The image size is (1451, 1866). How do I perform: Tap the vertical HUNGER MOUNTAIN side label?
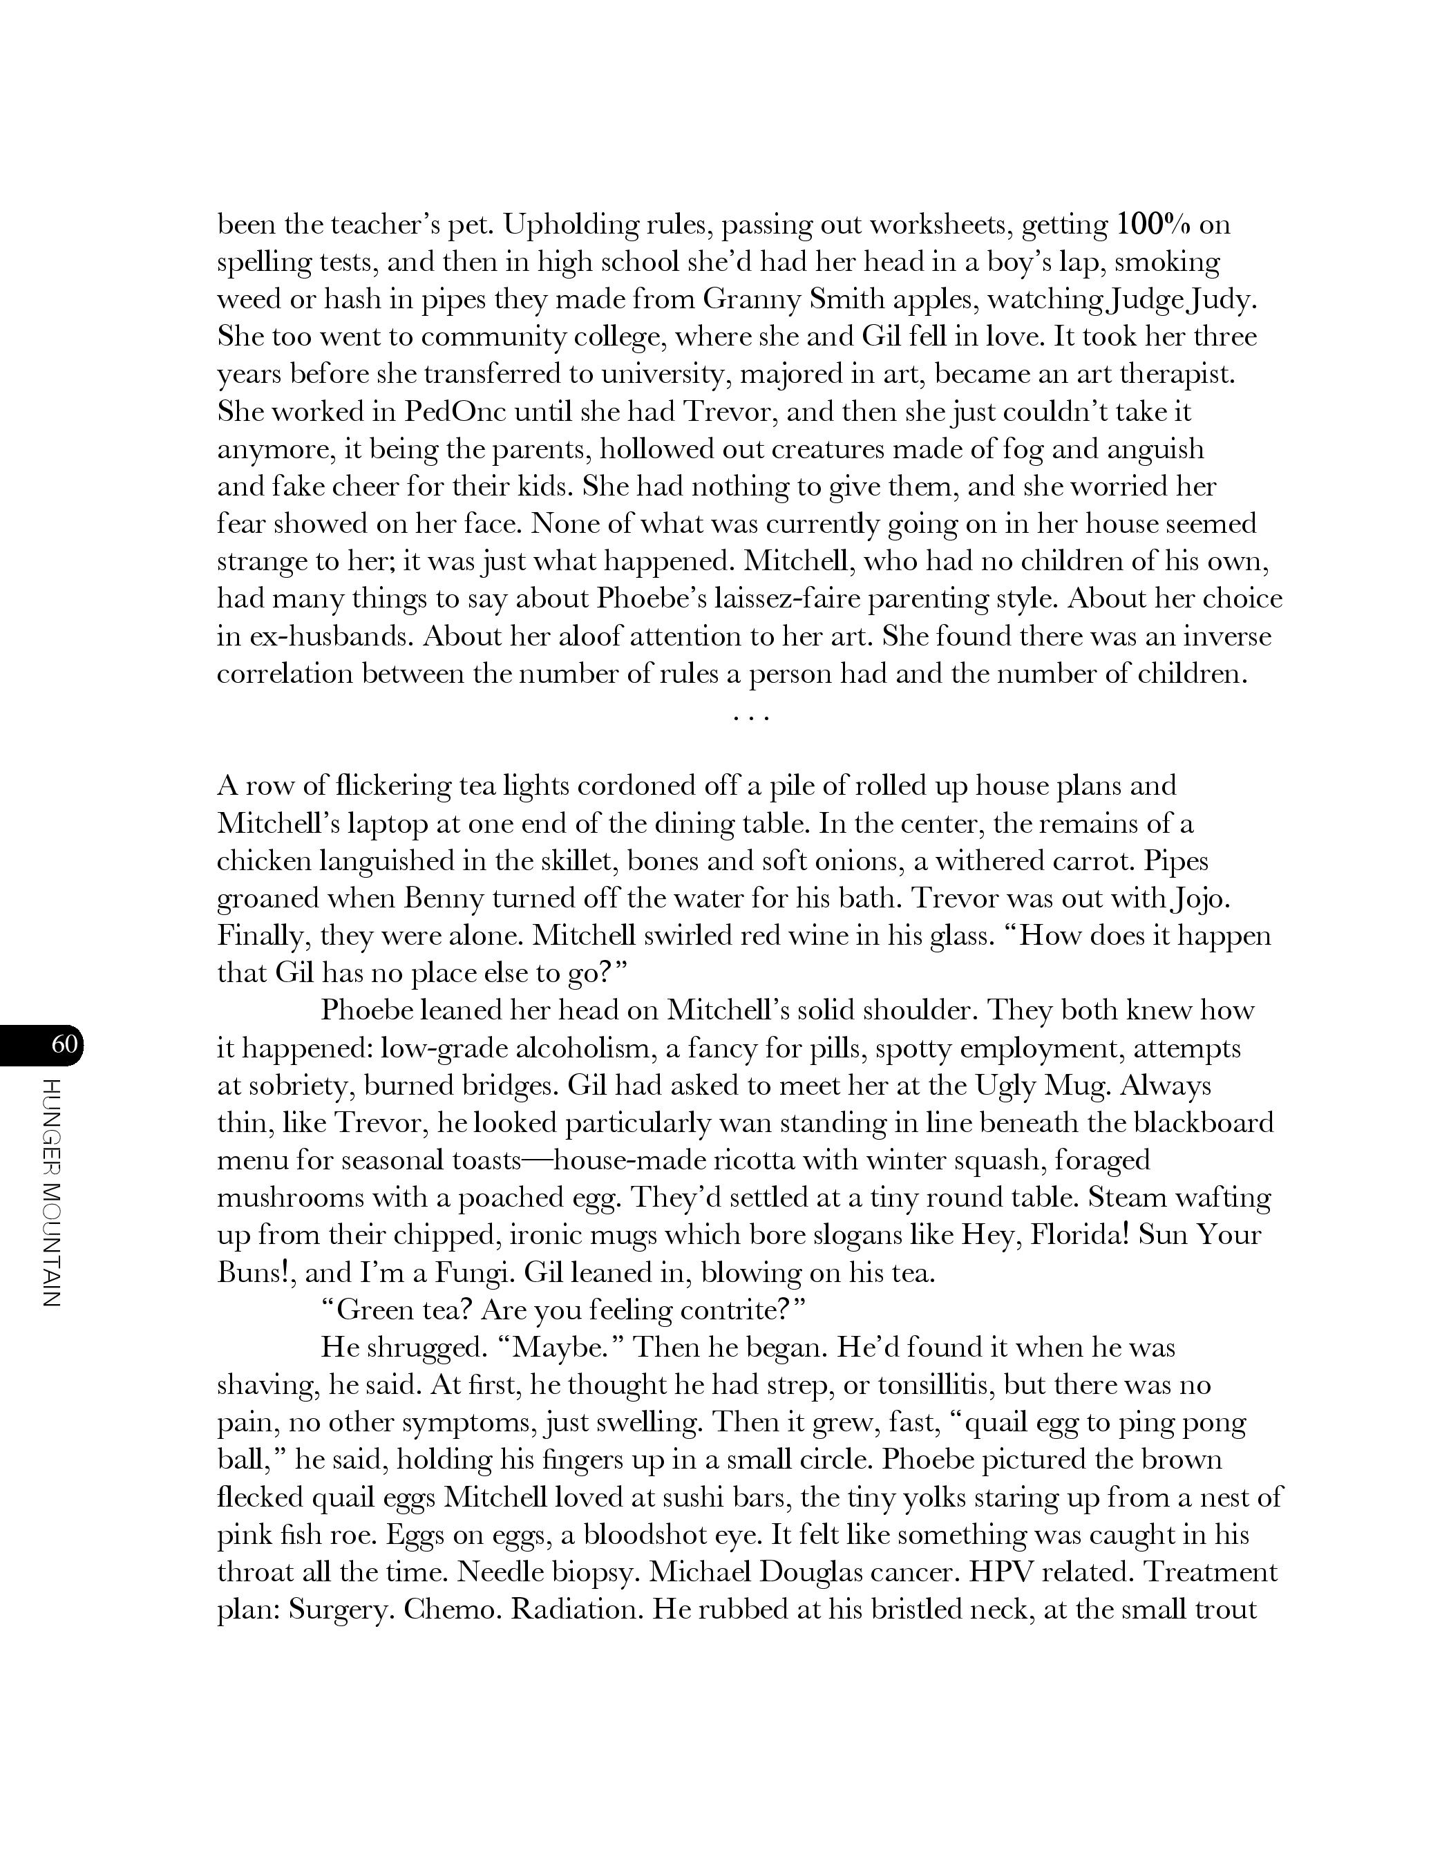50,1193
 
